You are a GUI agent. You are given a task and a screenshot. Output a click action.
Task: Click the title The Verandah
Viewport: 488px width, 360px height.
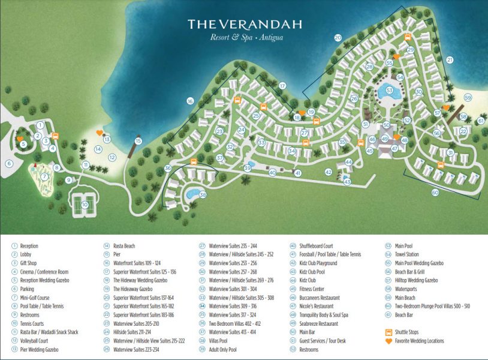(244, 24)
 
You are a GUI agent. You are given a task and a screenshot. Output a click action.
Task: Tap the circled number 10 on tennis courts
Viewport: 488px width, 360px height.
(85, 205)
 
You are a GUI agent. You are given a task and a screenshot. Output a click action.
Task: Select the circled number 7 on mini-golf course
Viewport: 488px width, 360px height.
(43, 176)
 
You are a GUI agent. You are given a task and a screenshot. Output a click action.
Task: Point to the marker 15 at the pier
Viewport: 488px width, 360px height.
(138, 141)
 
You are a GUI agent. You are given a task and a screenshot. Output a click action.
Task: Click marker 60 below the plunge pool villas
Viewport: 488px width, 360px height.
(435, 193)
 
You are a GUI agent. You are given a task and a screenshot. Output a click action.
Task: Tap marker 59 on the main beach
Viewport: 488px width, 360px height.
(468, 98)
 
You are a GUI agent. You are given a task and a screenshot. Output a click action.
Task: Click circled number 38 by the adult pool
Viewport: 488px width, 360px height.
(203, 194)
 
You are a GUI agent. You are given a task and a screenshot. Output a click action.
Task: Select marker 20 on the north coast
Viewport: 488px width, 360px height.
(338, 37)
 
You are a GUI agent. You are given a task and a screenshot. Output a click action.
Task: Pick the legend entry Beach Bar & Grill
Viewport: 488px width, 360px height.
(410, 271)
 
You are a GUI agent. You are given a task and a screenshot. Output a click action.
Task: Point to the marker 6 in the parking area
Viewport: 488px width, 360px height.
(9, 163)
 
